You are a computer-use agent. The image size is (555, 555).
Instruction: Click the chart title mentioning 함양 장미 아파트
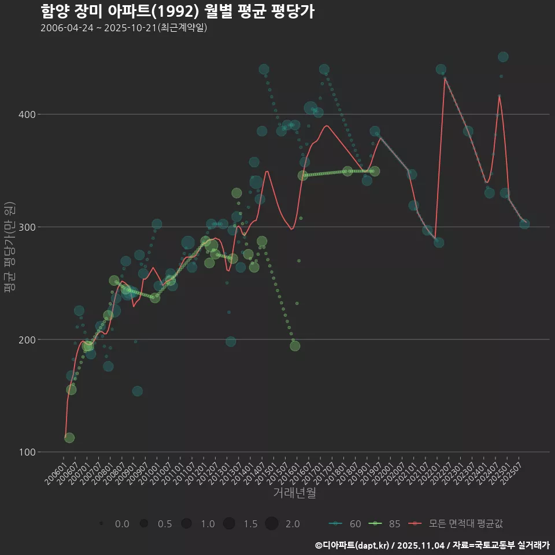(177, 12)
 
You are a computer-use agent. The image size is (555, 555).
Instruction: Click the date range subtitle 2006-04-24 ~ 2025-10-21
(124, 28)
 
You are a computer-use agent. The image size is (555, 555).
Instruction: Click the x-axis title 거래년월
(294, 493)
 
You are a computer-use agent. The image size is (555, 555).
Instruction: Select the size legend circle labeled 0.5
(144, 524)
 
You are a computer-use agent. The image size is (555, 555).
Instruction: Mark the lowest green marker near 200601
(69, 438)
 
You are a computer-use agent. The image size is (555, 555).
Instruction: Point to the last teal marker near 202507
(524, 224)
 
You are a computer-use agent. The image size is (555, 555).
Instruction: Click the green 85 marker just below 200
(295, 346)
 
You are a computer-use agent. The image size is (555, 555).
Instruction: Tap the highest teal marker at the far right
(503, 57)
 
